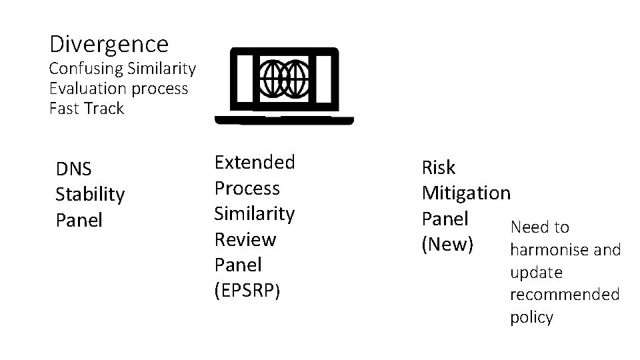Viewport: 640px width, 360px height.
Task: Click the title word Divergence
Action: pyautogui.click(x=109, y=45)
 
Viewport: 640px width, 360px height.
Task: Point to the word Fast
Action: pyautogui.click(x=64, y=109)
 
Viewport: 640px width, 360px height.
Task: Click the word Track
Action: pyautogui.click(x=104, y=109)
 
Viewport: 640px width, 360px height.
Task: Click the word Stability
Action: pyautogui.click(x=89, y=195)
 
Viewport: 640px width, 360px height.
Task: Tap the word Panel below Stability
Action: pyautogui.click(x=79, y=221)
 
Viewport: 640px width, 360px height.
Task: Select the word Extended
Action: pyautogui.click(x=254, y=162)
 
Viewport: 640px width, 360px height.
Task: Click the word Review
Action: pyautogui.click(x=245, y=239)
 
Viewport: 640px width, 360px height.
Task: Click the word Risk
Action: pyautogui.click(x=439, y=167)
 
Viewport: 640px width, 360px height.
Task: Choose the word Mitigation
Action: pyautogui.click(x=466, y=193)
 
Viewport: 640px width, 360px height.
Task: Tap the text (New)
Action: pyautogui.click(x=447, y=245)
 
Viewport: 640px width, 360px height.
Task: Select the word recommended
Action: pyautogui.click(x=564, y=295)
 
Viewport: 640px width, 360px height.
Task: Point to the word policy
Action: pyautogui.click(x=531, y=317)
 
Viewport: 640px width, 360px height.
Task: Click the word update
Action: pyautogui.click(x=536, y=273)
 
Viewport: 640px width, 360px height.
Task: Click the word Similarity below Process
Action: pyautogui.click(x=254, y=213)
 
